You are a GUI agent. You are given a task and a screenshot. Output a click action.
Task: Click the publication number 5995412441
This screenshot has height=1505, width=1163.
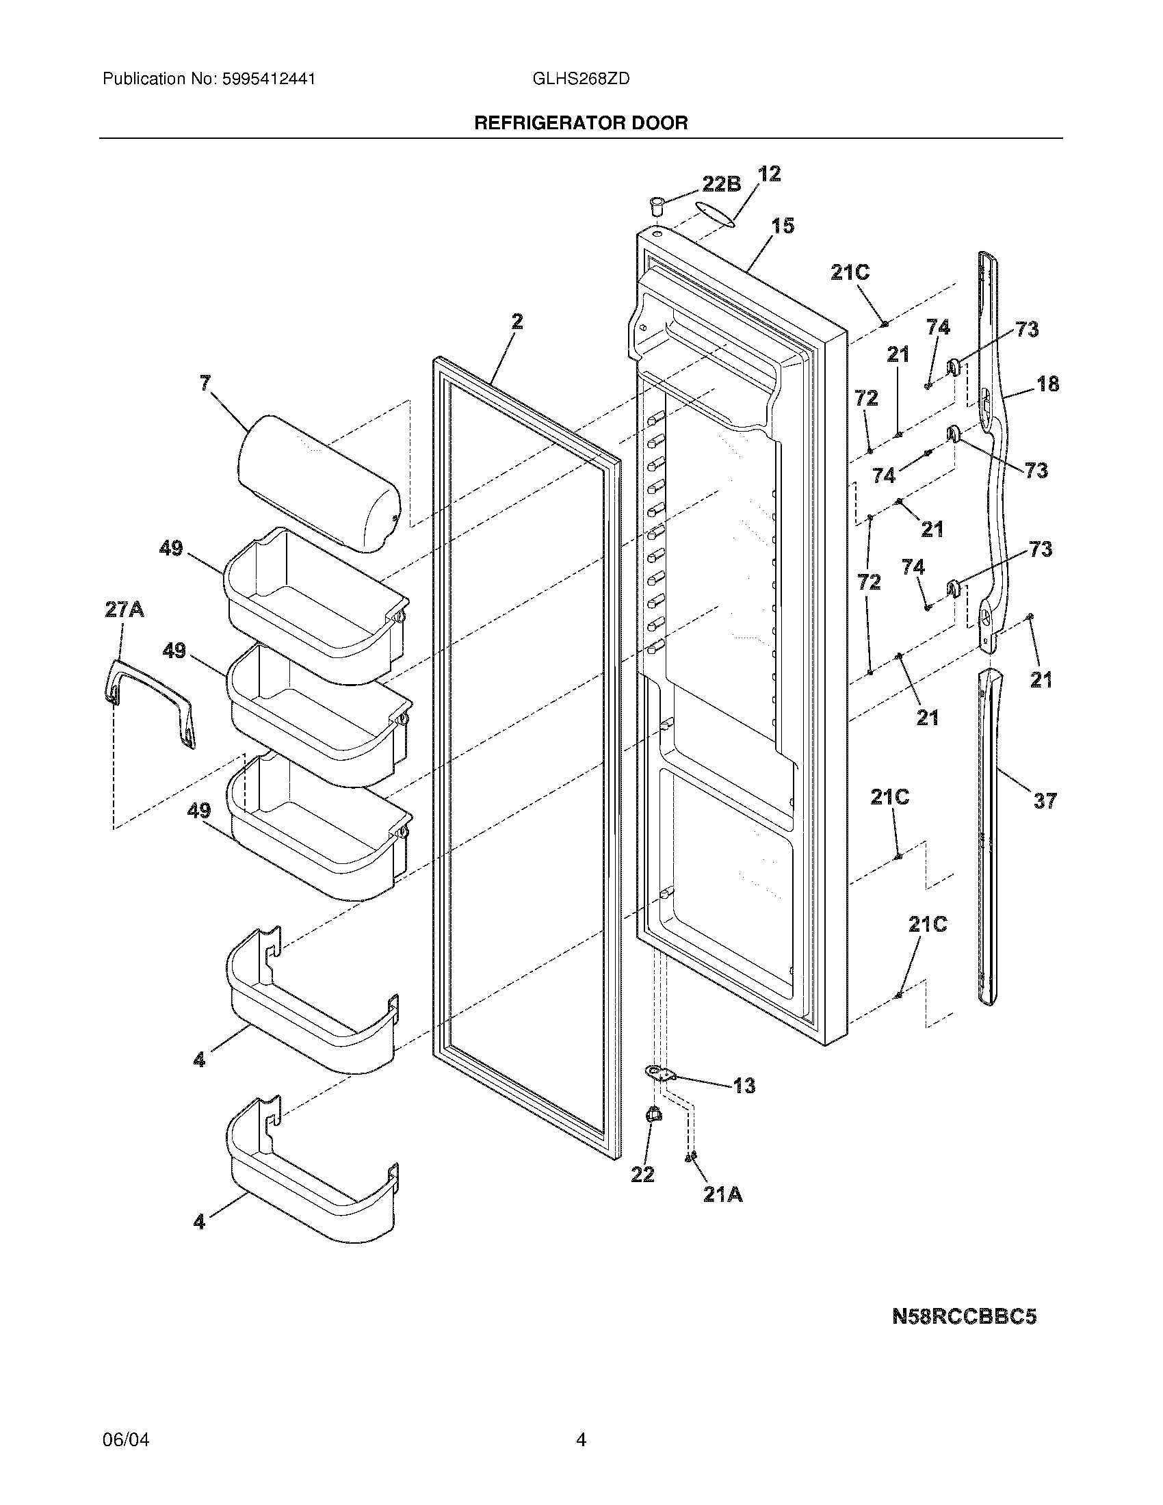pos(269,79)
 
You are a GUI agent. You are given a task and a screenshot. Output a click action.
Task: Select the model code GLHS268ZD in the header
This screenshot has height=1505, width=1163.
pos(580,79)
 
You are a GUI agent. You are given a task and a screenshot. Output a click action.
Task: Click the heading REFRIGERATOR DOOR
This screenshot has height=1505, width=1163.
pos(581,123)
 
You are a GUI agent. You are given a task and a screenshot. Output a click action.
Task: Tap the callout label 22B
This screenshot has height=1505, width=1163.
pos(721,184)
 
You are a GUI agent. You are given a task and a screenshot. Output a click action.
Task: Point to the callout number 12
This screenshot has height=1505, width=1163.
pos(769,174)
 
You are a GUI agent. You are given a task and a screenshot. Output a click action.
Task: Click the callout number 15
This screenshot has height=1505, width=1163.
pos(783,226)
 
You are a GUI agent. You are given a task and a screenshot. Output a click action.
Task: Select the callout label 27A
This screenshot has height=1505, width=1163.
pos(124,610)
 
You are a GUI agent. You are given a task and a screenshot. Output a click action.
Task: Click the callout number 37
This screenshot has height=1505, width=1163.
pos(1045,801)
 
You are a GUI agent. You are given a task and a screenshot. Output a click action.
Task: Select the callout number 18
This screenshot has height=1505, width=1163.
pos(1047,384)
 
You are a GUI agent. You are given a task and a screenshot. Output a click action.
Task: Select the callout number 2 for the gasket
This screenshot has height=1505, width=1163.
pos(517,322)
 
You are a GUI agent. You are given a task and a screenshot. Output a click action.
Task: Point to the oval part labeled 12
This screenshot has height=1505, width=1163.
pos(715,213)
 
